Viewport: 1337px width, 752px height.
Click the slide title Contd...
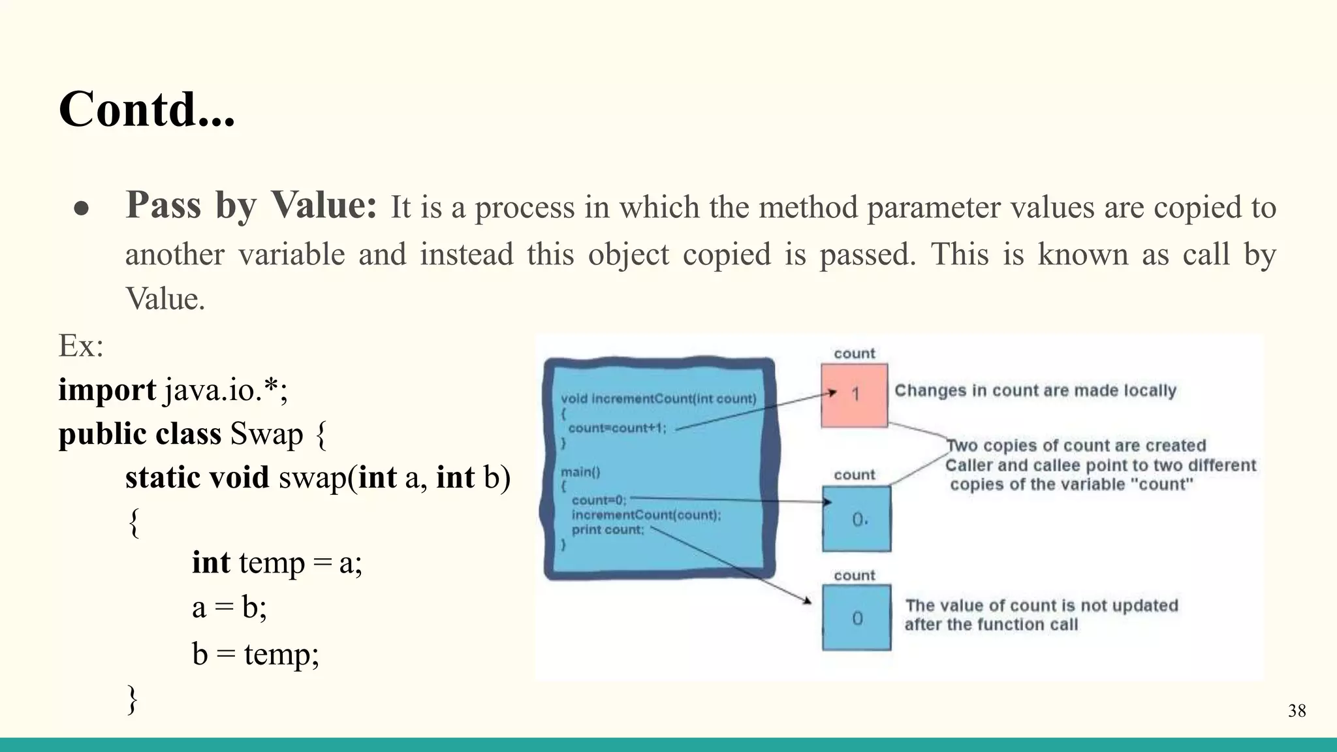(x=146, y=109)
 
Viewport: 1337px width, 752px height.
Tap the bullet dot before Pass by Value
(x=82, y=208)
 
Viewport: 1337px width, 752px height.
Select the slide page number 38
(x=1297, y=711)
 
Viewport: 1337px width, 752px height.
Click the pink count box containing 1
(x=854, y=395)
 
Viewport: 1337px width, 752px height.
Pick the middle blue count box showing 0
(x=857, y=519)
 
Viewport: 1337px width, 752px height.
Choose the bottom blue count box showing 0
(x=857, y=618)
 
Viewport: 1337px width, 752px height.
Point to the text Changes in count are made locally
(x=1035, y=390)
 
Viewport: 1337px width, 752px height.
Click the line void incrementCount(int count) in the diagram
(x=658, y=399)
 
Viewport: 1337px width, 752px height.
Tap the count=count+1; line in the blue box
(x=617, y=428)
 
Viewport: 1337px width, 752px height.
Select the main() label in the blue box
(x=580, y=471)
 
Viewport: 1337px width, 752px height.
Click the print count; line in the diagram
(x=607, y=529)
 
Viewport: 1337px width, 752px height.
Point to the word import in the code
(x=106, y=390)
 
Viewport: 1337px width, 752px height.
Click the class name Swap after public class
(x=266, y=434)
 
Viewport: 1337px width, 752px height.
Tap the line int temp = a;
(x=277, y=562)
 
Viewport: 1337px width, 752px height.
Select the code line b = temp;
(x=255, y=653)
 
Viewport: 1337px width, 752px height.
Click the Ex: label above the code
(x=81, y=345)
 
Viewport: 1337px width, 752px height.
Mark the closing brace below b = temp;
(x=132, y=699)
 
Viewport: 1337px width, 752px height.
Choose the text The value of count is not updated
(x=1041, y=606)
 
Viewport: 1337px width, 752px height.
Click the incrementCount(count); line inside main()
(x=646, y=515)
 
